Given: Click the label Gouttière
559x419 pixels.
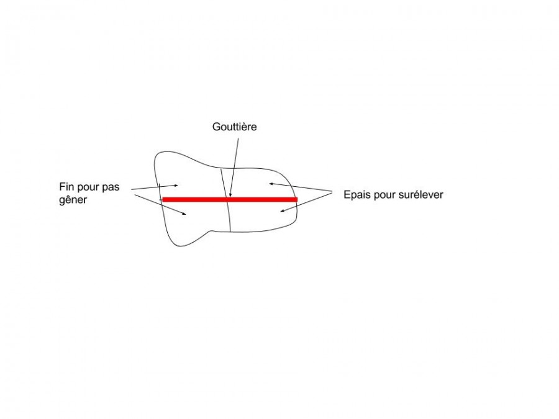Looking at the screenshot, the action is (x=234, y=127).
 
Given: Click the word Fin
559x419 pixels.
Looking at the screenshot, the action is (x=66, y=187).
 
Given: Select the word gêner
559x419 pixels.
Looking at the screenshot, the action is (x=73, y=200).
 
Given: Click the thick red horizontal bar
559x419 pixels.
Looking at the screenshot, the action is (x=230, y=199).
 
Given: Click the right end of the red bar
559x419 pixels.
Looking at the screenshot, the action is (x=298, y=199).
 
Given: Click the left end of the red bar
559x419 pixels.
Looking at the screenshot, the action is (x=163, y=199).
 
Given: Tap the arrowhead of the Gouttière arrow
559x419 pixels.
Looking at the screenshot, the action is (x=230, y=196).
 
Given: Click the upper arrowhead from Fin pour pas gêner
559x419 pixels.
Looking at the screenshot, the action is (x=177, y=185).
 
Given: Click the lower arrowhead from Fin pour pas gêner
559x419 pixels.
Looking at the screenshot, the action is (x=184, y=214).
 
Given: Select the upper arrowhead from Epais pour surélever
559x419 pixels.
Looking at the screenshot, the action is (x=271, y=184).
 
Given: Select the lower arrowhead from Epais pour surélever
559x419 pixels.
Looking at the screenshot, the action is (x=281, y=211).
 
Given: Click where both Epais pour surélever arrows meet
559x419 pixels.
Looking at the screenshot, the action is (x=332, y=192).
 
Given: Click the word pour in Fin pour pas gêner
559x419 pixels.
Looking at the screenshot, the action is (x=88, y=187).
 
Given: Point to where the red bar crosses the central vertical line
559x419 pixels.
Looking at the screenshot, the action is (x=227, y=199).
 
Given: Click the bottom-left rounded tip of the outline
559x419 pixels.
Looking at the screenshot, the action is (x=180, y=246).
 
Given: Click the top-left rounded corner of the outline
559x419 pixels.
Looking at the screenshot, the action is (x=158, y=155).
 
